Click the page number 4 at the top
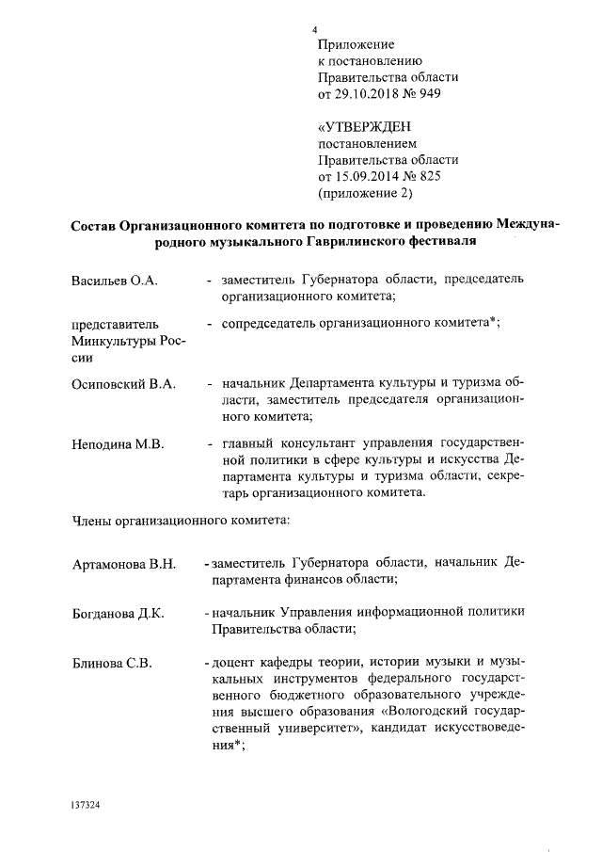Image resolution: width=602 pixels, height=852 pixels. coord(317,29)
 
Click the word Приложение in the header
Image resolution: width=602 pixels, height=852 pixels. coord(356,44)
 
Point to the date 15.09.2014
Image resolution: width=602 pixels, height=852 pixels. coord(370,177)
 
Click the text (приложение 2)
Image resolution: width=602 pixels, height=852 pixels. coord(366,194)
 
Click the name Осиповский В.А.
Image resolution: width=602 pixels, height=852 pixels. coord(119,385)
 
